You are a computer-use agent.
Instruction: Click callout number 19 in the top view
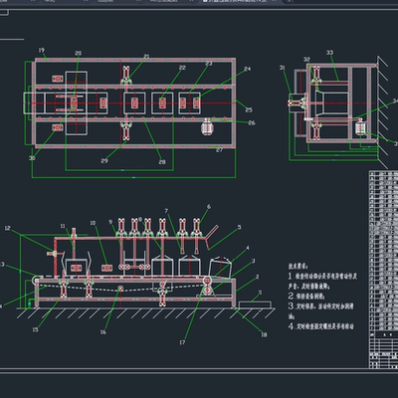click(41, 50)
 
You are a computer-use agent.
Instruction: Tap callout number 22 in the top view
click(182, 68)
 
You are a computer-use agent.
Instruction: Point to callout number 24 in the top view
click(247, 70)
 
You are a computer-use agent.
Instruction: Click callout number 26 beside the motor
click(252, 123)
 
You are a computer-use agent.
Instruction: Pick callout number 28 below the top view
click(162, 161)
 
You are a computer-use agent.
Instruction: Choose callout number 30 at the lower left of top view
click(32, 157)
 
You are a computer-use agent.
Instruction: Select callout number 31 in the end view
click(283, 68)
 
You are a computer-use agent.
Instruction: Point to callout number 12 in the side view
click(7, 228)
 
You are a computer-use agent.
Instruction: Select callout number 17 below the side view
click(183, 343)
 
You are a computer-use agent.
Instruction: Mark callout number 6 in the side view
click(208, 208)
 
